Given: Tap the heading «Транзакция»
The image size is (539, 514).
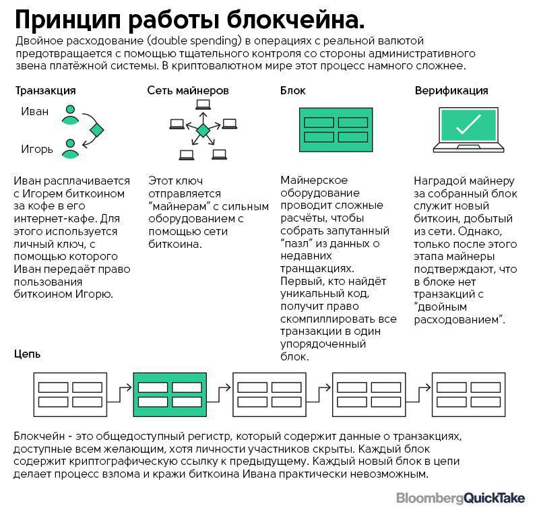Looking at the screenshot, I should click(x=45, y=90).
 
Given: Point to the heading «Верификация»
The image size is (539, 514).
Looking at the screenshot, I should click(x=451, y=90).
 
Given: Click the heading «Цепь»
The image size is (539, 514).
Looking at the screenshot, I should click(x=28, y=354).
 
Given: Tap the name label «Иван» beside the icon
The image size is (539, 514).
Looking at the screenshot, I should click(x=35, y=112).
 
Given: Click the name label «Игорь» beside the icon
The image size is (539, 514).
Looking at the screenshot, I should click(x=37, y=149).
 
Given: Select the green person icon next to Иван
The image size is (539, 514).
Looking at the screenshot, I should click(x=70, y=115).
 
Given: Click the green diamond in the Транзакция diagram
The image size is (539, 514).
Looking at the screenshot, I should click(x=98, y=130).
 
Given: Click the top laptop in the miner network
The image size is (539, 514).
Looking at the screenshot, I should click(x=202, y=104).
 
